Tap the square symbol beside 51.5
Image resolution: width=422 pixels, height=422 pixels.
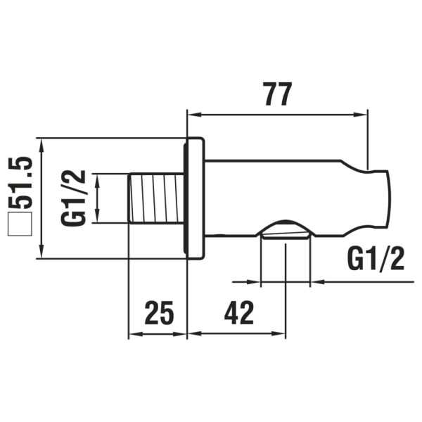pyautogui.click(x=21, y=227)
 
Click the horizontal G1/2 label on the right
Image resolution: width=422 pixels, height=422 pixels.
pyautogui.click(x=376, y=260)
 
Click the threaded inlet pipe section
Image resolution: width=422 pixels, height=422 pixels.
pyautogui.click(x=156, y=199)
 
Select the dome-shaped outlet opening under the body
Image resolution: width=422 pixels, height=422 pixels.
pyautogui.click(x=285, y=229)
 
